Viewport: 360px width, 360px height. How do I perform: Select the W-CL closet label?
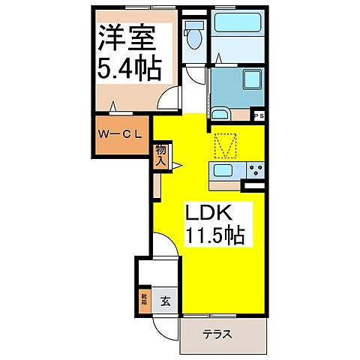(118, 136)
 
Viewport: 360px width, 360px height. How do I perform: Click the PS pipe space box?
(259, 116)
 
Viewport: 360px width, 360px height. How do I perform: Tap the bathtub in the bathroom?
(237, 22)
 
